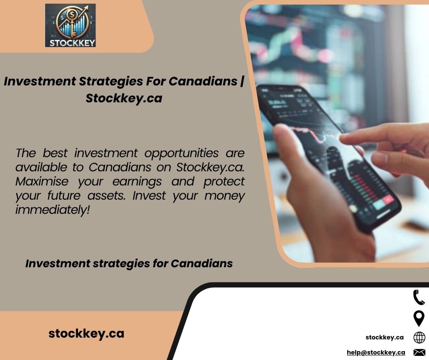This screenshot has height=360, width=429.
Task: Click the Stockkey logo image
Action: (x=70, y=25)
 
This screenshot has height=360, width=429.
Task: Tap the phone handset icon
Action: (x=419, y=297)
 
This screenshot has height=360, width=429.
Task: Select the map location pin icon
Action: (x=419, y=318)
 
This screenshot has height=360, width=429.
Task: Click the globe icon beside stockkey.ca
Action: (x=419, y=338)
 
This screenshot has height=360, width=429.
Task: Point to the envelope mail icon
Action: (x=419, y=352)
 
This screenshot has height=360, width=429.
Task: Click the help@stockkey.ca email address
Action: (x=376, y=352)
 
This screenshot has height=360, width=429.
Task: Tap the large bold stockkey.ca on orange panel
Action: (x=86, y=334)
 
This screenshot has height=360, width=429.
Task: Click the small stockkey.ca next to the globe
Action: (x=384, y=337)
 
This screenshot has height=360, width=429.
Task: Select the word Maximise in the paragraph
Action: (x=42, y=181)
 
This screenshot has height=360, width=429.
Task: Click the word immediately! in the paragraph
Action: (x=52, y=210)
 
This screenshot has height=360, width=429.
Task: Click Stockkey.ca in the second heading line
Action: (x=124, y=98)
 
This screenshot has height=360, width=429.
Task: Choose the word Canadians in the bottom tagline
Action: (x=202, y=264)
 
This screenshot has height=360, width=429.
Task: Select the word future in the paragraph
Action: (x=64, y=196)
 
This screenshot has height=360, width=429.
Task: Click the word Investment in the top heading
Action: (x=40, y=81)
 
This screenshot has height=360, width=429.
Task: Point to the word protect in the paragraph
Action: (x=224, y=182)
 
